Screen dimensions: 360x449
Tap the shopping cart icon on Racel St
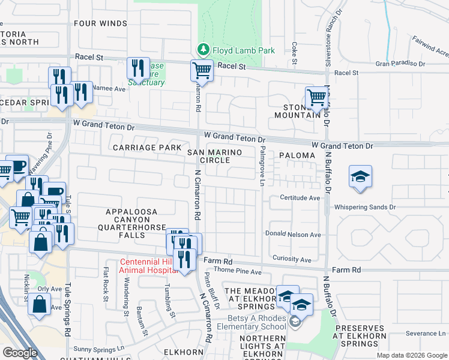(202, 71)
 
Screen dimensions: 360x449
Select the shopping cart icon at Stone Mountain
(316, 97)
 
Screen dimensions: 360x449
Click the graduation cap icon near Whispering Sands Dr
(360, 177)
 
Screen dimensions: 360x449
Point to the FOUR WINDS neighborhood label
(101, 23)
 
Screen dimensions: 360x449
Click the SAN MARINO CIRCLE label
(215, 156)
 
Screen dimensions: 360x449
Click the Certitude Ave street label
(300, 197)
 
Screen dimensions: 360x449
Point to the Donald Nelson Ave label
(294, 235)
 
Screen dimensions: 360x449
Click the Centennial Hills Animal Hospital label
(148, 266)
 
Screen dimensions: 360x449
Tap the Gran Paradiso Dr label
(400, 63)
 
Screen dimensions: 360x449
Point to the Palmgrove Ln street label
(262, 166)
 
